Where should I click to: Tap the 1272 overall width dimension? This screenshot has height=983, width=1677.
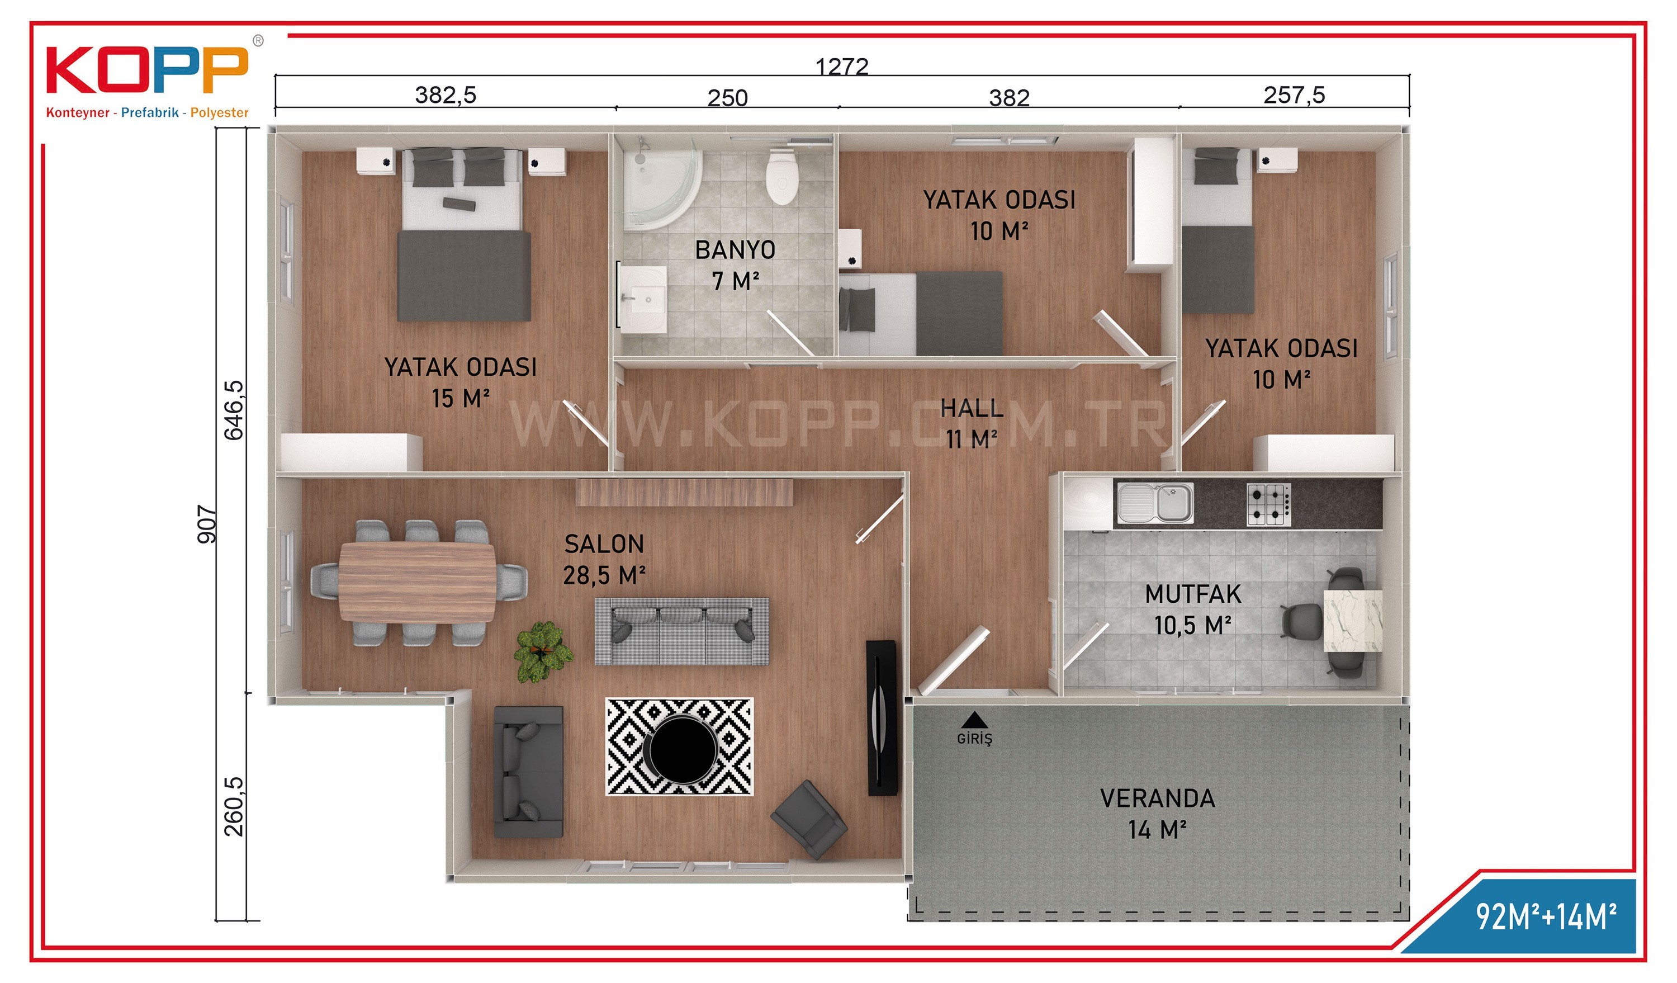[842, 67]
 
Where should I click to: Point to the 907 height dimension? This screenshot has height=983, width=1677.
[207, 524]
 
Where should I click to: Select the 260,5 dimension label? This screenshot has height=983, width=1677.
[234, 807]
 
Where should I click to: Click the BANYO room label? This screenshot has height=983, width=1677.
[735, 251]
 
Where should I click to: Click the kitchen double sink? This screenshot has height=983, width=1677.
[1154, 503]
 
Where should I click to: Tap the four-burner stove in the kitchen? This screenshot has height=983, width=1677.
[1268, 504]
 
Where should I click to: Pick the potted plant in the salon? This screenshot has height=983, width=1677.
[543, 651]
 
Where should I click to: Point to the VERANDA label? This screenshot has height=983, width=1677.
[1157, 798]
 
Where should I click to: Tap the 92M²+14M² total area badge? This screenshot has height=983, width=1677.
[1546, 916]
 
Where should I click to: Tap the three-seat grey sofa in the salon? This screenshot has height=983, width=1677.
[681, 631]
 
